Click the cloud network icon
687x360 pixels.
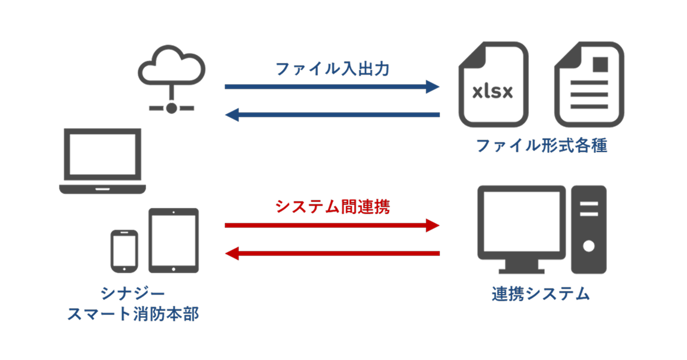(171, 78)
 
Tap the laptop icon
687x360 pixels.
(103, 161)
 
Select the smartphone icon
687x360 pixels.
(124, 250)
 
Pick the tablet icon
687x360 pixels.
(174, 240)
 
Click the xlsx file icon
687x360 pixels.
(493, 84)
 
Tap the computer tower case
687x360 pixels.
(588, 228)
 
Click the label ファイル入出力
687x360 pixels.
(332, 69)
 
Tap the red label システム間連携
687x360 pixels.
(332, 207)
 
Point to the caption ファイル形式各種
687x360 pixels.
(541, 146)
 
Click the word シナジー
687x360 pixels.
(133, 293)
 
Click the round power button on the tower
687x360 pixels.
(588, 246)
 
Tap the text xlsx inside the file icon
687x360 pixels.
(492, 92)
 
